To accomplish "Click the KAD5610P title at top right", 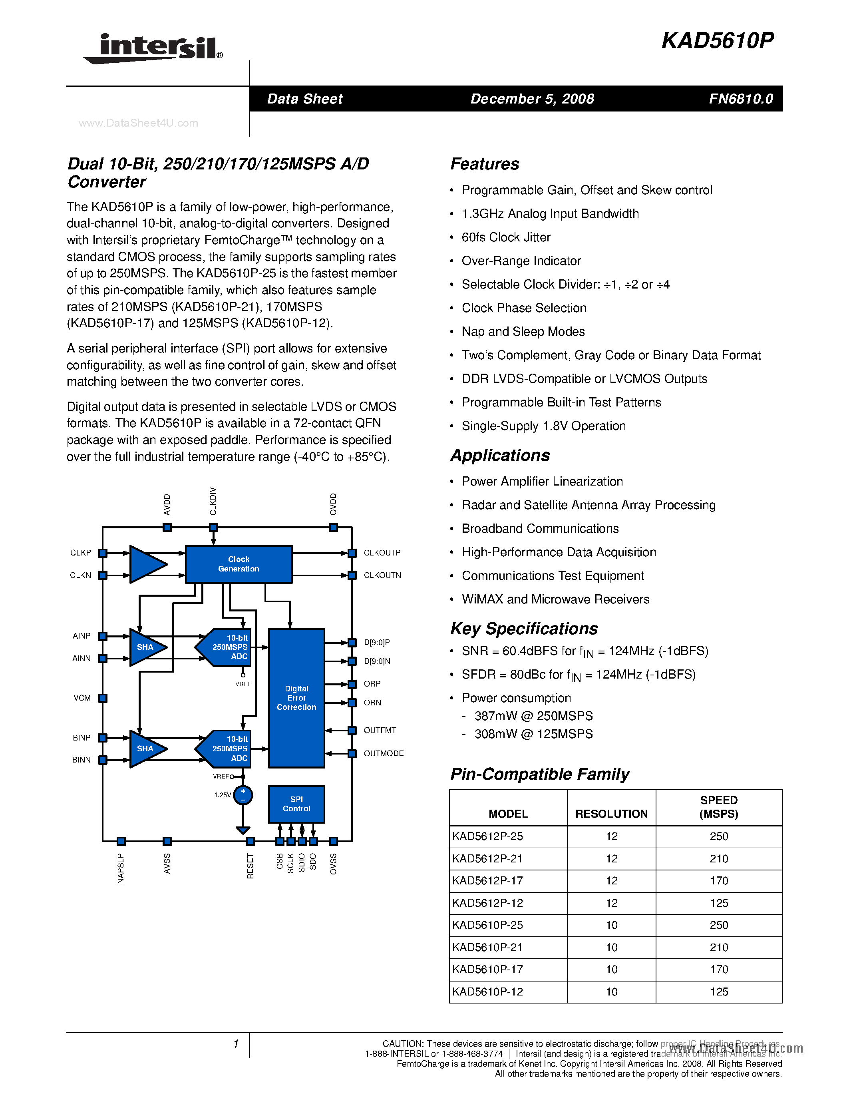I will (718, 41).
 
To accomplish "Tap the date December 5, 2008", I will (532, 99).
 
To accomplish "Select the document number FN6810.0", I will (741, 99).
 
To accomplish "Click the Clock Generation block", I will (239, 564).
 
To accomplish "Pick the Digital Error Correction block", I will (296, 698).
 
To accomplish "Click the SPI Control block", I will (296, 804).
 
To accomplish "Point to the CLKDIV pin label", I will (213, 501).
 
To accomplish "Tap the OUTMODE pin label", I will (383, 753).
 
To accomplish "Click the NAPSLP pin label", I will (121, 868).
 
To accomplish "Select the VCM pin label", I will (82, 698).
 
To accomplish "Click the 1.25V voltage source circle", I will (243, 795).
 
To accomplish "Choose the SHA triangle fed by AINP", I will (145, 647).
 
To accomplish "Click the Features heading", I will (484, 164).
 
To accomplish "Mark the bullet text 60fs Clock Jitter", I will (506, 237).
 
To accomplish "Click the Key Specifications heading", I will (524, 629).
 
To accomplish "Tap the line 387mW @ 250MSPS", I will (533, 716).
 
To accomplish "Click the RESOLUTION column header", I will (611, 814).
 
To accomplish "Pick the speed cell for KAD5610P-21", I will (718, 947).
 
